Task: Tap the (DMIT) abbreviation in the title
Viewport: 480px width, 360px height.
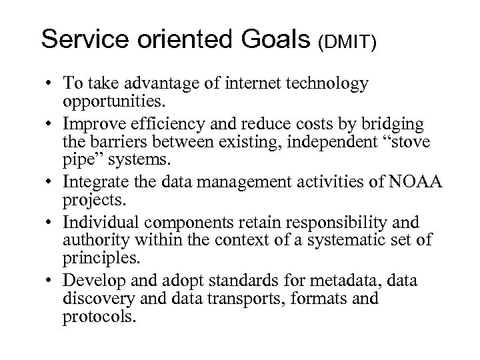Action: pyautogui.click(x=347, y=42)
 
